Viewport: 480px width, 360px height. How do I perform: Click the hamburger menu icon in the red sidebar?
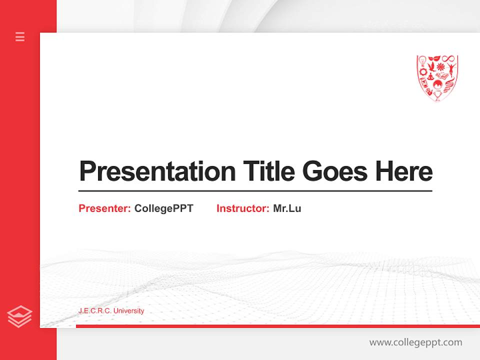click(20, 36)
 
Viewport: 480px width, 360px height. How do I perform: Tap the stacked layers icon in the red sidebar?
click(19, 316)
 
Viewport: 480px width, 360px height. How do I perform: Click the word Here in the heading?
click(403, 171)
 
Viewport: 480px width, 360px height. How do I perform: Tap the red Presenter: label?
click(105, 208)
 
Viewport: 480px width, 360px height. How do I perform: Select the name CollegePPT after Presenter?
click(163, 208)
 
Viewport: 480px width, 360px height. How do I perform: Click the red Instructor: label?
click(243, 208)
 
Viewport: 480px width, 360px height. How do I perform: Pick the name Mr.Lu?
click(287, 208)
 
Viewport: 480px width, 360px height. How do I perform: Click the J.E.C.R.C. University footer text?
click(111, 311)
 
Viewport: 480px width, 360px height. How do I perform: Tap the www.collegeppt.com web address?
click(415, 342)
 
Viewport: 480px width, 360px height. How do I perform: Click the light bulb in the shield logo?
click(422, 61)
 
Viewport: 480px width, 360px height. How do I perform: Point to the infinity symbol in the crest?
click(448, 58)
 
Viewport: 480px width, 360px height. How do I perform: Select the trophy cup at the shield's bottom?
click(437, 95)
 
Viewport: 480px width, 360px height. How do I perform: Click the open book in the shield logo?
click(442, 75)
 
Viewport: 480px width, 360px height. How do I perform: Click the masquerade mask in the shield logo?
click(434, 58)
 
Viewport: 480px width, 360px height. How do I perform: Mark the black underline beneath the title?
click(255, 191)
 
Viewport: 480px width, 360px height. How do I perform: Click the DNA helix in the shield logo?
click(449, 85)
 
